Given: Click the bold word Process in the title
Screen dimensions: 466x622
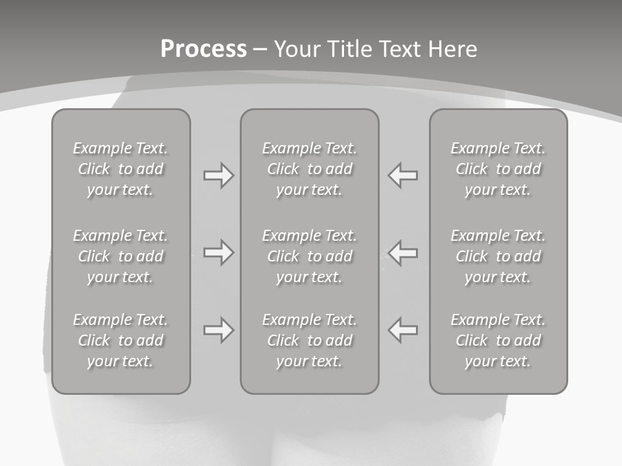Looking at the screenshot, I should coord(203,49).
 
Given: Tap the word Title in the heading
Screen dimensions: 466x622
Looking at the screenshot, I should coord(349,49).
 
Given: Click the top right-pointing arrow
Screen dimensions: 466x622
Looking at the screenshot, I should coord(218,175).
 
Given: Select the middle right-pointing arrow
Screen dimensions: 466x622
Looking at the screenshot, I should coord(218,252).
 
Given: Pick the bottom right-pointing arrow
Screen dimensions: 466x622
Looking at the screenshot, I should coord(218,330).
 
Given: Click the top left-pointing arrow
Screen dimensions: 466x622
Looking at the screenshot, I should coord(403,175).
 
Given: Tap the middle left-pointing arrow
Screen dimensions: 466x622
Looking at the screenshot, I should coord(403,252).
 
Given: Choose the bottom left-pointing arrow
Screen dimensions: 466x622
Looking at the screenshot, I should coord(403,330).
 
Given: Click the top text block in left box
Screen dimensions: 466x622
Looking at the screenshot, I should coord(121,169).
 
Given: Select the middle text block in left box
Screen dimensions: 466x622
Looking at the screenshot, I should coord(121,256).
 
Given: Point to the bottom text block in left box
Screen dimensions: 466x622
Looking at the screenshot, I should coord(121,340).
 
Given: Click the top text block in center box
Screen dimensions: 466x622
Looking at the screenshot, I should coord(309,169).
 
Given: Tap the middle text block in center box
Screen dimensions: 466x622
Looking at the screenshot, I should coord(309,256).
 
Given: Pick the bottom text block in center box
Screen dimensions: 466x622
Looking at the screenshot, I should coord(309,340).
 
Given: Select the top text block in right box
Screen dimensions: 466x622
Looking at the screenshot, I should coord(498,169).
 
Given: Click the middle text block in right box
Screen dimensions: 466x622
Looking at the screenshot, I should coord(498,256).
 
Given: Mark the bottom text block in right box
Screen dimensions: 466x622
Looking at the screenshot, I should coord(498,340).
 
